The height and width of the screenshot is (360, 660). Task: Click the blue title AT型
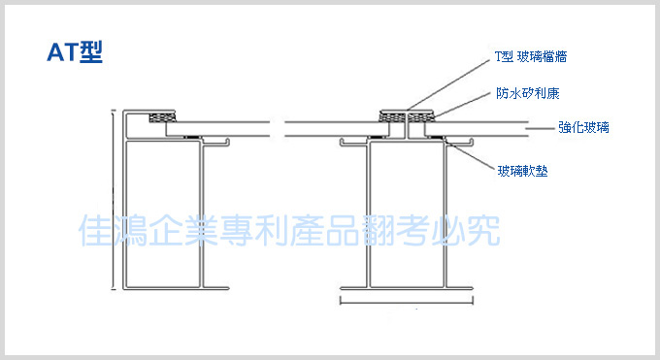[75, 51]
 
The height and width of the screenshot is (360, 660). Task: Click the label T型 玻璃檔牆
[531, 57]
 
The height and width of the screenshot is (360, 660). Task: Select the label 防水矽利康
[528, 93]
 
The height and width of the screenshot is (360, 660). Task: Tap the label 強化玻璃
[583, 127]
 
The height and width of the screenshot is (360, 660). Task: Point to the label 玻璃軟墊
[522, 171]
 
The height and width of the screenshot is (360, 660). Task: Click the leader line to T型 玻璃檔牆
[448, 85]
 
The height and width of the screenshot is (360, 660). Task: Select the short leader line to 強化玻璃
[540, 128]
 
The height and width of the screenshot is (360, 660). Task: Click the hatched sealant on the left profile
[162, 117]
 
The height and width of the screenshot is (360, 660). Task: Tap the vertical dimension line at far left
[113, 200]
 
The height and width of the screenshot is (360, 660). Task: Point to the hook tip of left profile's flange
[228, 142]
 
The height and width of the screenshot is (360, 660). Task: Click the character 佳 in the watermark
[95, 230]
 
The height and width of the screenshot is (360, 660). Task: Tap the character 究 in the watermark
[483, 230]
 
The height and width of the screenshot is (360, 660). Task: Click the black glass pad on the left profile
[192, 137]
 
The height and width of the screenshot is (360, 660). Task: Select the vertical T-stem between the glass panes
[407, 125]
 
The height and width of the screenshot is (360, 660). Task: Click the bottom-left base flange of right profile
[353, 288]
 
